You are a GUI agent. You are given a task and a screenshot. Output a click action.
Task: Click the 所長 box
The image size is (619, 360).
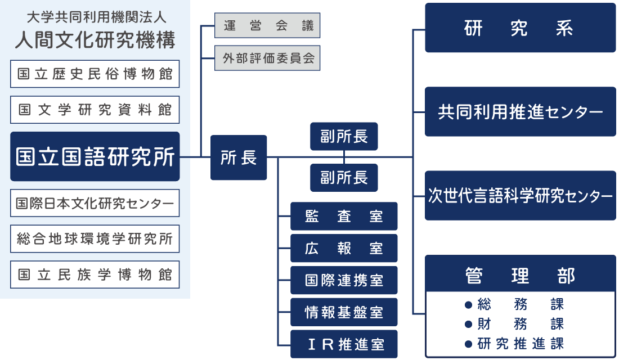pyautogui.click(x=239, y=157)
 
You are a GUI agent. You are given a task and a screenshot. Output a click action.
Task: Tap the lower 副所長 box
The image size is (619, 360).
pyautogui.click(x=344, y=178)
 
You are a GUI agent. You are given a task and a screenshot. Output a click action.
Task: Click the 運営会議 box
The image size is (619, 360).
pyautogui.click(x=267, y=26)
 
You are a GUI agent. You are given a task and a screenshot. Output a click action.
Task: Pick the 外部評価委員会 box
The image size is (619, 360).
pyautogui.click(x=267, y=58)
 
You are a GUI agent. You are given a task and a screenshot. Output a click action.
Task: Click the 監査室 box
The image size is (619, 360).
pyautogui.click(x=344, y=216)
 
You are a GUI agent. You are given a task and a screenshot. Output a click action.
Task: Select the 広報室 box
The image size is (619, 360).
pyautogui.click(x=344, y=248)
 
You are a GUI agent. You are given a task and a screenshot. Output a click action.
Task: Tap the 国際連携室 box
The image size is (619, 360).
pyautogui.click(x=344, y=280)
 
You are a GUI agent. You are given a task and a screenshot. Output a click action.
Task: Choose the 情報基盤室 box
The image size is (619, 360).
pyautogui.click(x=344, y=312)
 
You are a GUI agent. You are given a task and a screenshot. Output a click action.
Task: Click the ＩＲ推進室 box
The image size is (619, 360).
pyautogui.click(x=344, y=344)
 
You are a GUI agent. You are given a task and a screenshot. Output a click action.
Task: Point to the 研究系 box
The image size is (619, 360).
pyautogui.click(x=520, y=28)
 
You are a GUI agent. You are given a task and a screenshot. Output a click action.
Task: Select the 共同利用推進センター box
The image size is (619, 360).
pyautogui.click(x=520, y=112)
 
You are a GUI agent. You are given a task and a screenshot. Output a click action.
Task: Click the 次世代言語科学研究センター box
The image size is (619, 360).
pyautogui.click(x=520, y=196)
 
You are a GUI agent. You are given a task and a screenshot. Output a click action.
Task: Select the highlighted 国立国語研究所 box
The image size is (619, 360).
pyautogui.click(x=95, y=157)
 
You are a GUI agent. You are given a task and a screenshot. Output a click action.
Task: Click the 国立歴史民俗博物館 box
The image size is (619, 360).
pyautogui.click(x=95, y=74)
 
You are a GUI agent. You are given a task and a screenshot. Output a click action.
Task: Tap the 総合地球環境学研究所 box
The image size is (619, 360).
pyautogui.click(x=95, y=239)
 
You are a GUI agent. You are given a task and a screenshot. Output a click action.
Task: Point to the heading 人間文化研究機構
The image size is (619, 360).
pyautogui.click(x=95, y=40)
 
